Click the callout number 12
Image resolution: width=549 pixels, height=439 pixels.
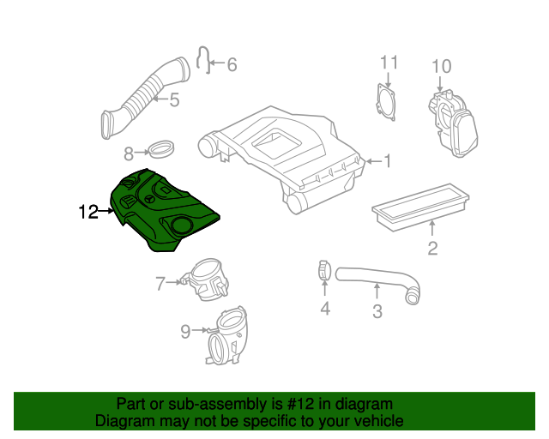pyautogui.click(x=88, y=211)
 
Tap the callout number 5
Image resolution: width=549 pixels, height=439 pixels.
pyautogui.click(x=174, y=100)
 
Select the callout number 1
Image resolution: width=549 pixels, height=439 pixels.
pyautogui.click(x=387, y=160)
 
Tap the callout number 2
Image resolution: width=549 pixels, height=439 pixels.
pyautogui.click(x=432, y=250)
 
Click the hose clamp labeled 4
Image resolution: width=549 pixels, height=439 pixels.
pyautogui.click(x=323, y=271)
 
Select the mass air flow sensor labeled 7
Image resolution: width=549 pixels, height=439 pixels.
pyautogui.click(x=206, y=280)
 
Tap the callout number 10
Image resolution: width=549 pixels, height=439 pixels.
pyautogui.click(x=440, y=66)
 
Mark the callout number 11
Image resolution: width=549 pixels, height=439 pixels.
pyautogui.click(x=389, y=62)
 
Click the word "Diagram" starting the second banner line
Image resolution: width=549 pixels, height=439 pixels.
pyautogui.click(x=124, y=421)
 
